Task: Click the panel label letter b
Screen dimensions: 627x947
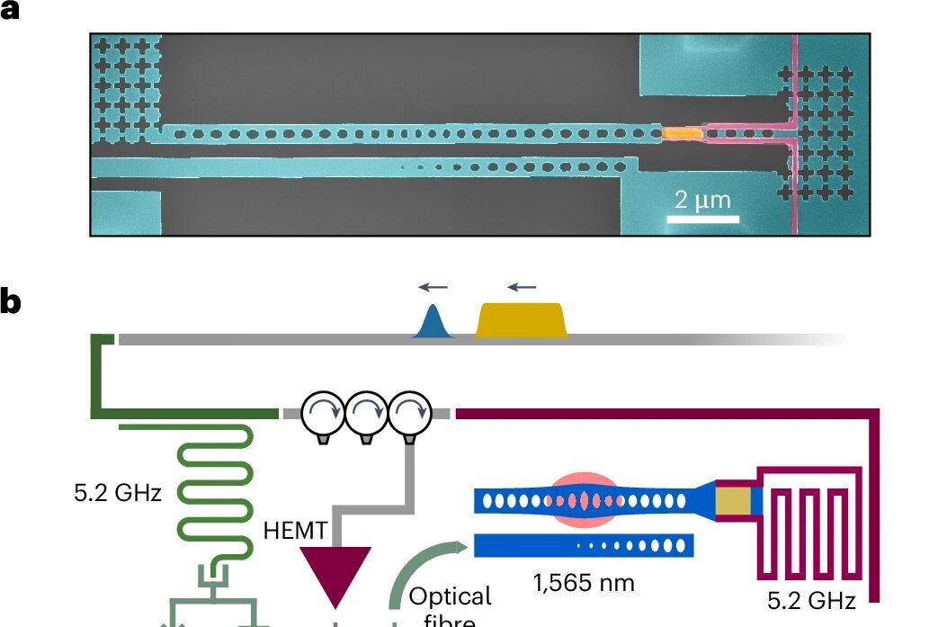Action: click(10, 303)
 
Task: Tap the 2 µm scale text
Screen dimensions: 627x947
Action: click(702, 199)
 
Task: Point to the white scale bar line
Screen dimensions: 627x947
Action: click(707, 218)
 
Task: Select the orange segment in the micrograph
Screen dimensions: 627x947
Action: click(681, 133)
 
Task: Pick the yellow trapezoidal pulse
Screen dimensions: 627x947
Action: click(522, 320)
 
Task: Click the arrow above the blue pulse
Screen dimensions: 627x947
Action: click(432, 288)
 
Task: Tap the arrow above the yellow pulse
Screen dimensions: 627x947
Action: click(520, 288)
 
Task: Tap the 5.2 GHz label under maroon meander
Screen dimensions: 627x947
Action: click(811, 599)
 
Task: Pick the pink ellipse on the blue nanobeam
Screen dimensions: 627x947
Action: click(585, 499)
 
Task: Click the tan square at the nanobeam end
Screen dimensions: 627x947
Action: click(732, 500)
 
